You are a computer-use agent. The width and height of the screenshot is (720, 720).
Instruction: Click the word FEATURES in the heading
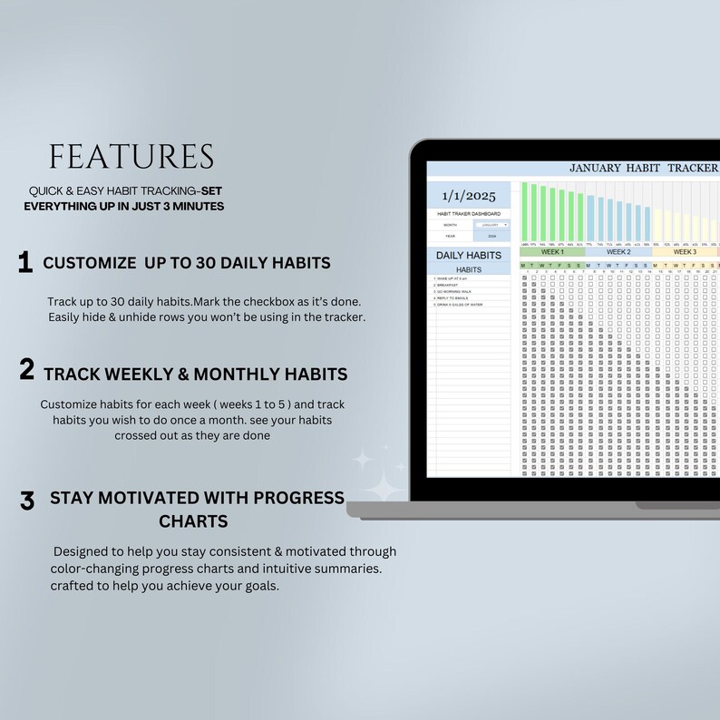(x=131, y=156)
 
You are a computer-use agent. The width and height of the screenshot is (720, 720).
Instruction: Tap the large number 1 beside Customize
(x=25, y=263)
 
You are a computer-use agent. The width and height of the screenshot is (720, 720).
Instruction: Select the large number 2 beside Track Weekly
(x=27, y=370)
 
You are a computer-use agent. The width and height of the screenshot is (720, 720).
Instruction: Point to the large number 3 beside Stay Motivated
(x=27, y=500)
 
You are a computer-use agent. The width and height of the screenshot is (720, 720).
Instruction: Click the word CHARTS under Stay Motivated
(x=192, y=521)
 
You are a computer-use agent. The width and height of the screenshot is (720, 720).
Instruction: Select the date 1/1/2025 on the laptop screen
(x=469, y=195)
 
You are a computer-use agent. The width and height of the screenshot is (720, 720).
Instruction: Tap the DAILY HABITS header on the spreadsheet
(x=469, y=255)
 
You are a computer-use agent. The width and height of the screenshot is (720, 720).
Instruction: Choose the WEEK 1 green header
(x=551, y=252)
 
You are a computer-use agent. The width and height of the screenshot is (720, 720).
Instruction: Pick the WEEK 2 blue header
(x=618, y=252)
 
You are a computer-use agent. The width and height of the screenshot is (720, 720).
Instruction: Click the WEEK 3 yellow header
(x=684, y=252)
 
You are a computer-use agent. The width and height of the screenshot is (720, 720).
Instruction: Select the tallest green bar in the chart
(x=525, y=213)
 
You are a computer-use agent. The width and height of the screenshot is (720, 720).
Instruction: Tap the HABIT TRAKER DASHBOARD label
(x=469, y=213)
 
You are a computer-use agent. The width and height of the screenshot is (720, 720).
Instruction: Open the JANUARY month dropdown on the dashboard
(x=493, y=224)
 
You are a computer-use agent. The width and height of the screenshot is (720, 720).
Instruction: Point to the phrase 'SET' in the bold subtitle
(x=212, y=191)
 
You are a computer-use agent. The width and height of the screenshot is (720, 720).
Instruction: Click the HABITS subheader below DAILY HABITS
(x=469, y=269)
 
